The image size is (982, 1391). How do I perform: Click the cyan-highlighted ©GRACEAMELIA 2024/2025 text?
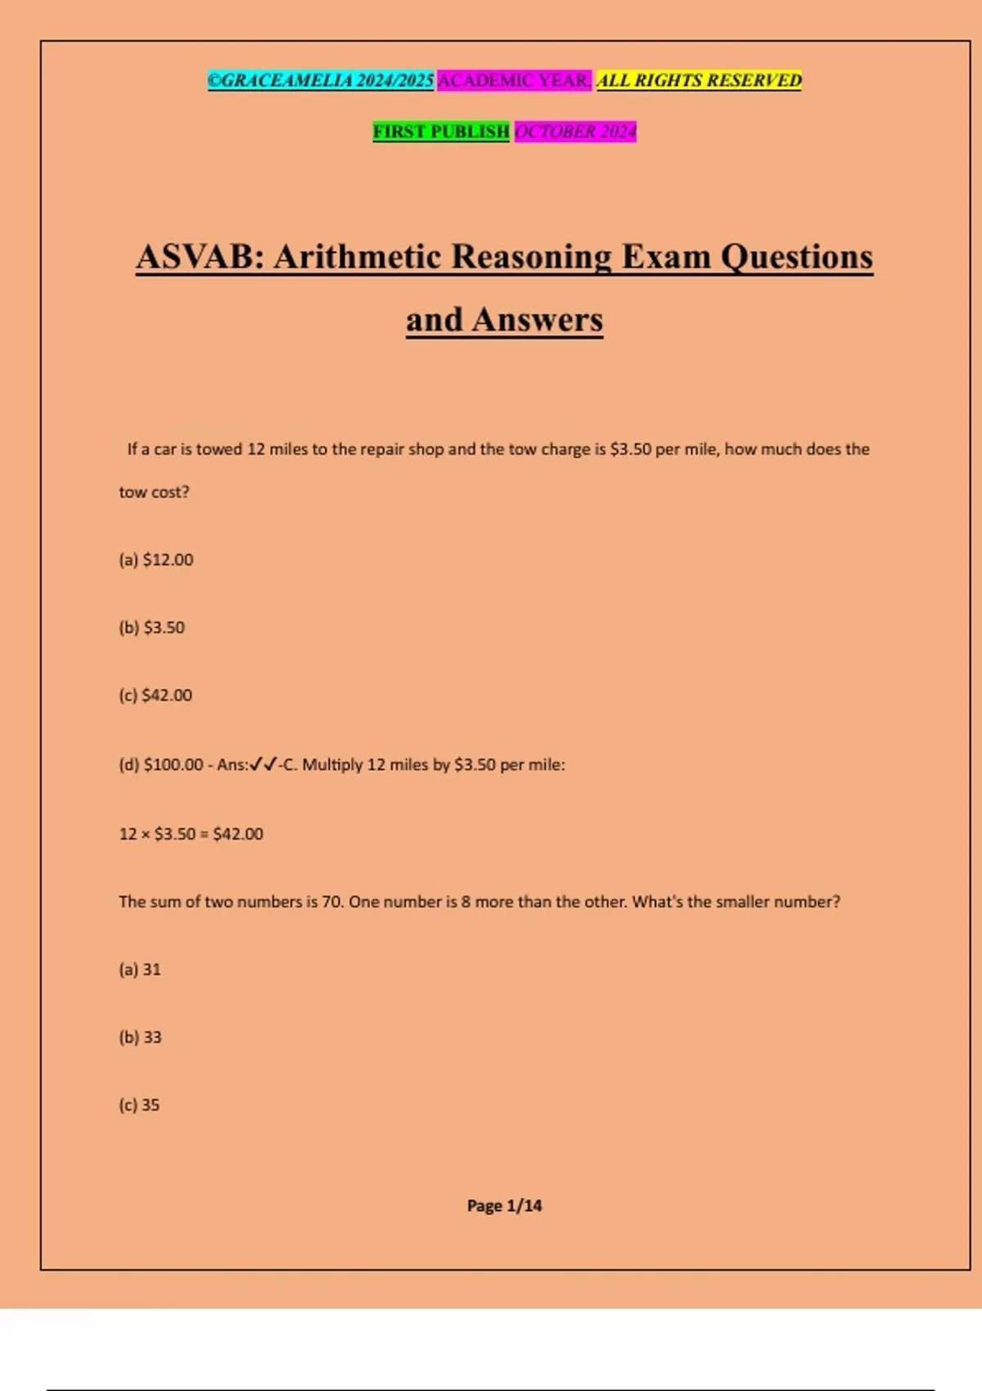(320, 80)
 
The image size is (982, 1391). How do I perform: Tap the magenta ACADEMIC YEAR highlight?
(514, 80)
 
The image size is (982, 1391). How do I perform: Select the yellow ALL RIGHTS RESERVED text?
(699, 80)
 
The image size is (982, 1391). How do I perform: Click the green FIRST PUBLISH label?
(441, 131)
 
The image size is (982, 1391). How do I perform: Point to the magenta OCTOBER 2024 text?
(575, 131)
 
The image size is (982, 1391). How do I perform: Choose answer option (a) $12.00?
(156, 560)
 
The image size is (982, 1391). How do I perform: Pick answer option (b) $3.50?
(152, 628)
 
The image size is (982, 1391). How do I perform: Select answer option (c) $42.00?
(155, 695)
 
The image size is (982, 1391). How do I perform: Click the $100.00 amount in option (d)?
(173, 765)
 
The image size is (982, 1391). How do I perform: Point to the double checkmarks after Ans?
(264, 764)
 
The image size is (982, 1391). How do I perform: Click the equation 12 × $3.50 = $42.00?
(191, 834)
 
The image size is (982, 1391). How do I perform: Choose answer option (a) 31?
(140, 970)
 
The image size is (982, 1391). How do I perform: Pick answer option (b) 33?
(140, 1038)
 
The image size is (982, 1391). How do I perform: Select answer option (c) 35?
(139, 1105)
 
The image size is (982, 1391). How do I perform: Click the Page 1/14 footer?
(504, 1205)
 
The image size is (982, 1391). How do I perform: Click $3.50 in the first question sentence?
(631, 449)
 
